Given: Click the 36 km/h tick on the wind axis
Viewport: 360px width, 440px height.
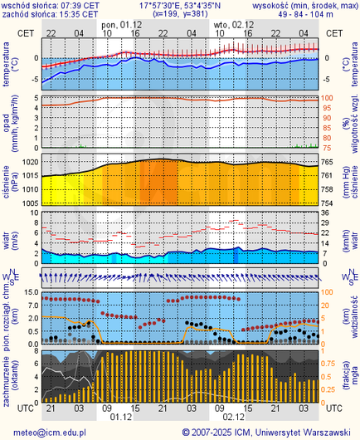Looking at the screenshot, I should tap(327, 212).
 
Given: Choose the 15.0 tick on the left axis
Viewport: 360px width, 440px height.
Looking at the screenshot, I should tap(28, 292).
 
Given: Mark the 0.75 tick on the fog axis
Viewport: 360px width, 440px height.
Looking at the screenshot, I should tap(329, 363).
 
